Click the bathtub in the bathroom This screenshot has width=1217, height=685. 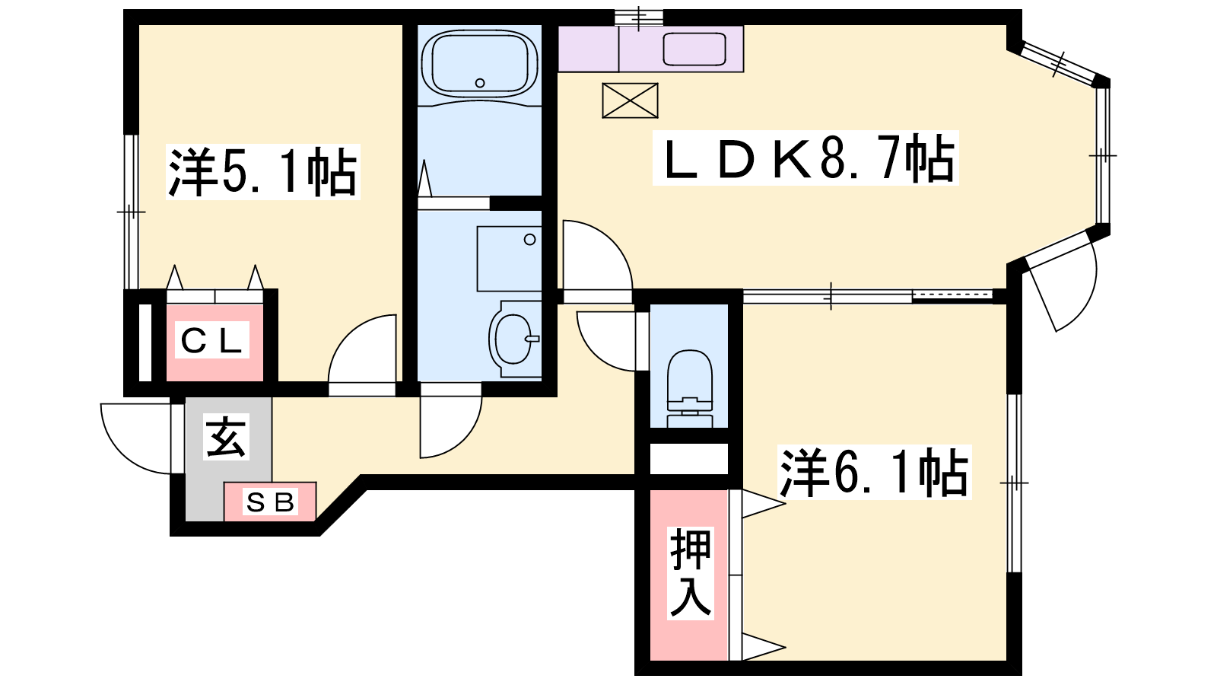pos(480,64)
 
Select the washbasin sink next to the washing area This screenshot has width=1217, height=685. pos(514,339)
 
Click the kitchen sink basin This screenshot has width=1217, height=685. pos(694,49)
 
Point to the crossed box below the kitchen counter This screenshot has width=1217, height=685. pos(631,100)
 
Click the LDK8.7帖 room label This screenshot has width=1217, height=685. pos(806,158)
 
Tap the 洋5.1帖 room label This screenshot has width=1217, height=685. pos(263,172)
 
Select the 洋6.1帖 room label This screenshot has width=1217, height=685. pos(874,472)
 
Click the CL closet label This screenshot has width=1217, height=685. pos(211,340)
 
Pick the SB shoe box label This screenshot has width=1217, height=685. pos(270,502)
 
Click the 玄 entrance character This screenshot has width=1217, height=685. pos(226,437)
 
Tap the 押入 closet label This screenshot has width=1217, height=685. pos(690,573)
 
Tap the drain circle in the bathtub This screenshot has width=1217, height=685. pos(480,83)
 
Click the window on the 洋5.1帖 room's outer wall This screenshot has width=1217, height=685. pos(131,212)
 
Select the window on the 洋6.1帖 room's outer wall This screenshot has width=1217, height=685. pos(1014,483)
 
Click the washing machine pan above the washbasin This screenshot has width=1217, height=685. pos(509,259)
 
